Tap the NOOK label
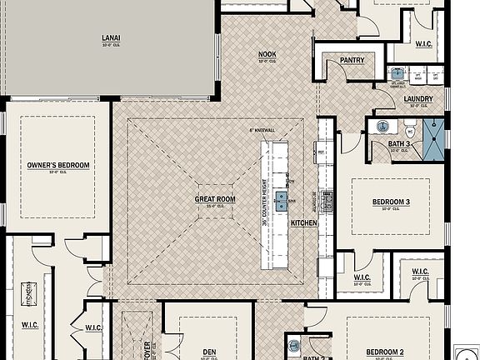tap(267, 54)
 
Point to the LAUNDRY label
tap(418, 99)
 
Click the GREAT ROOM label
tap(215, 199)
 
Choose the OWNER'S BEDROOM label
tap(57, 165)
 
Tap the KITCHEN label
tap(304, 223)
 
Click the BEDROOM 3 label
tap(391, 202)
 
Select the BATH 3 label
tap(400, 143)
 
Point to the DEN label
tap(208, 352)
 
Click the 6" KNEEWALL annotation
tap(262, 131)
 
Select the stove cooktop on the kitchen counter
tap(327, 200)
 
